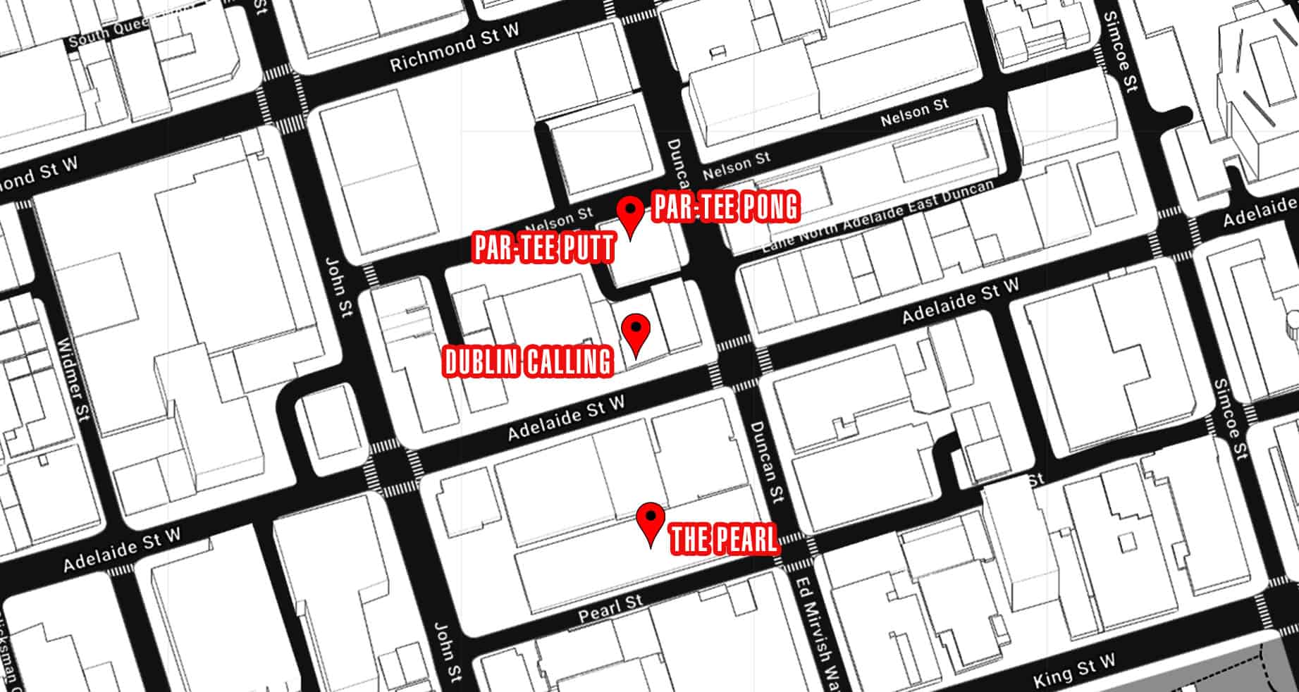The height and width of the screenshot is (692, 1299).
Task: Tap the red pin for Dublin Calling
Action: coord(636,332)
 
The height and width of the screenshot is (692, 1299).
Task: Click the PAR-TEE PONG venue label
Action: coord(725,207)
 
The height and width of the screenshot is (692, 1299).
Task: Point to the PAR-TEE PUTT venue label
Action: coord(544,248)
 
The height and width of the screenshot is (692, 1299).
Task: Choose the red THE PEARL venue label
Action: coord(724,539)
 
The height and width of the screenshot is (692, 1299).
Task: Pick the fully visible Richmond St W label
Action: coord(454,47)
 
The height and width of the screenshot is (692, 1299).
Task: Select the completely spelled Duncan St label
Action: coord(765,462)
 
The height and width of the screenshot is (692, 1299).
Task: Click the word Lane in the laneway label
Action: coord(778,237)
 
